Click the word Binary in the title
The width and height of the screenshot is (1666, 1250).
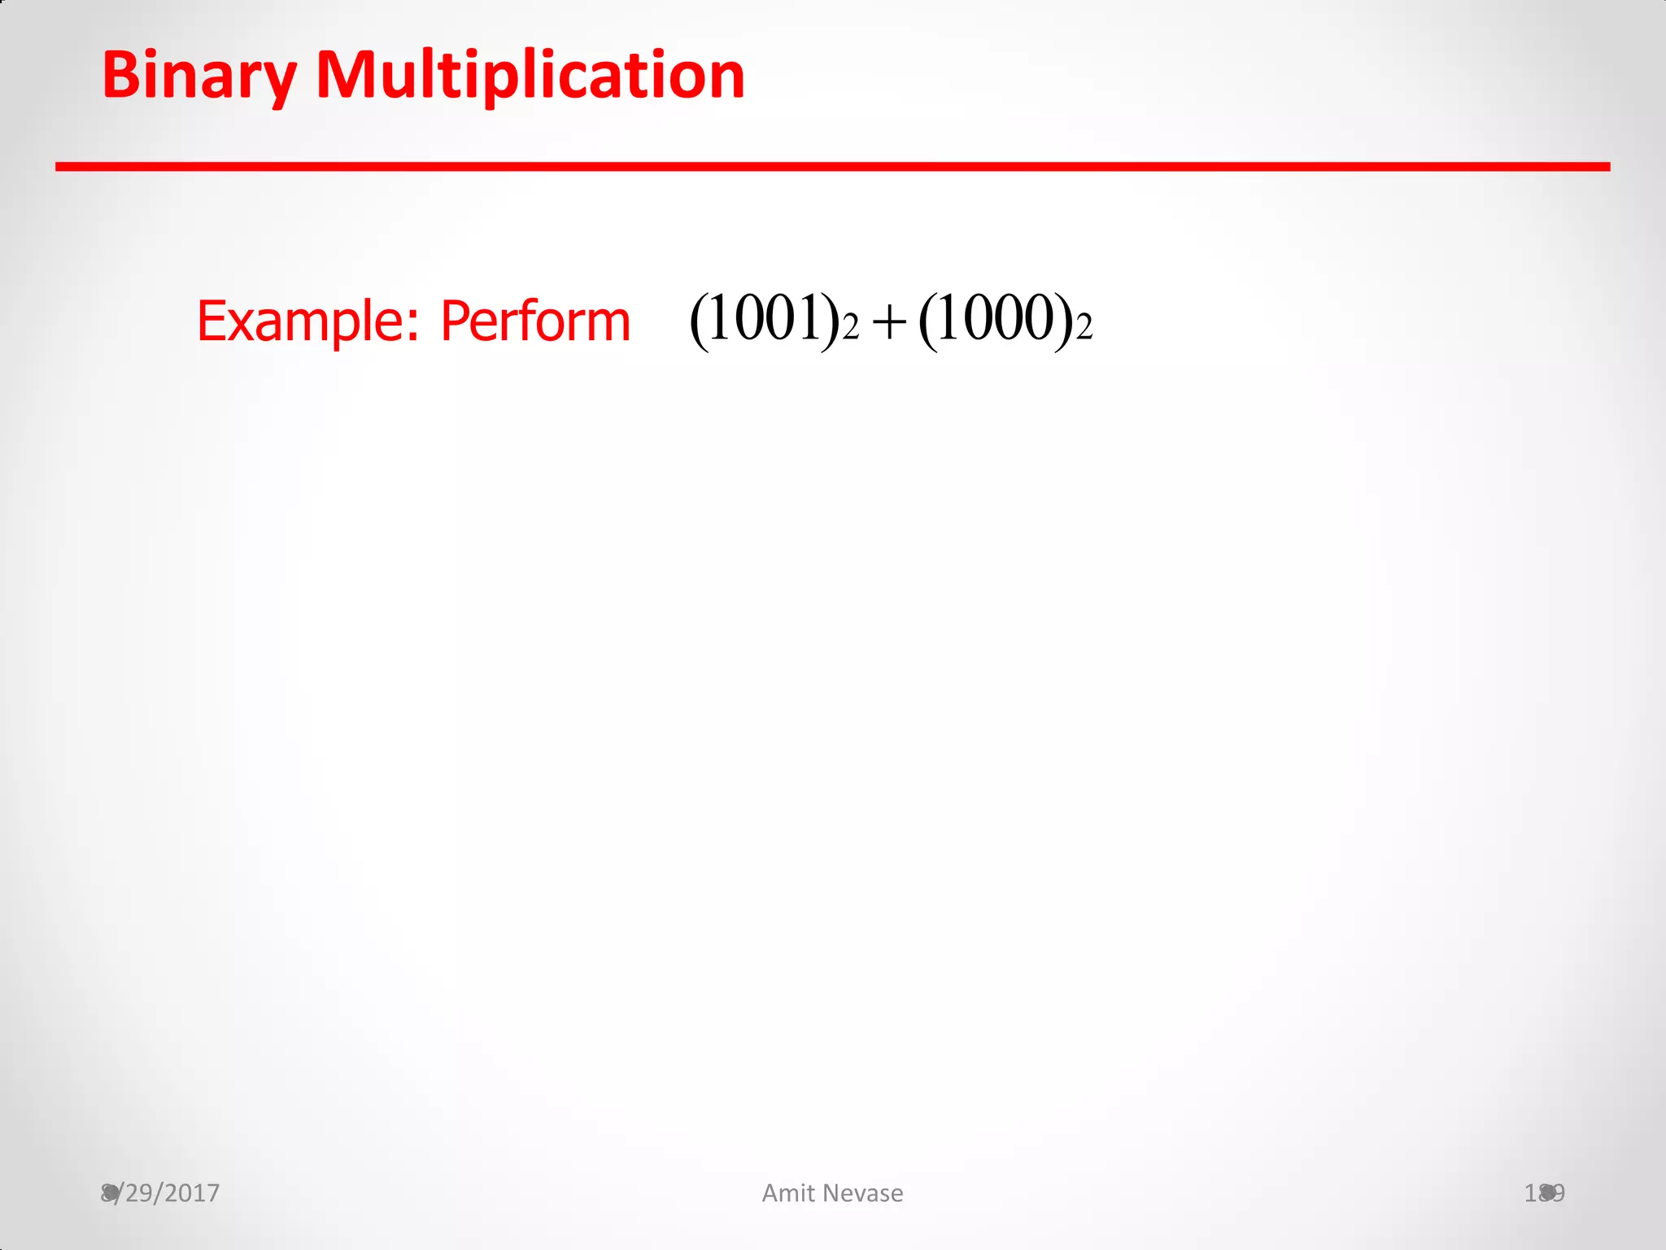[x=199, y=76]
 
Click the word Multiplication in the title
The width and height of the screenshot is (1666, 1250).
[x=530, y=76]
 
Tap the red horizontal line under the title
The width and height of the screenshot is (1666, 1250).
[x=832, y=167]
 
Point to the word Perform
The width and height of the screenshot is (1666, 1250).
[x=534, y=322]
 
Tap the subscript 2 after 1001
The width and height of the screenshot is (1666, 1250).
[x=851, y=329]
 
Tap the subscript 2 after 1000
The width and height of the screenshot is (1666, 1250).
[x=1084, y=329]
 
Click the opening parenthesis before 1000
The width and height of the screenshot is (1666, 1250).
[x=929, y=321]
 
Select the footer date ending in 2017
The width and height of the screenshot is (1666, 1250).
[x=161, y=1193]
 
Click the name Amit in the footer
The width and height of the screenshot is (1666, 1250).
[x=788, y=1193]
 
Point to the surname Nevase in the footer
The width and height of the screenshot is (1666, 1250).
[x=865, y=1193]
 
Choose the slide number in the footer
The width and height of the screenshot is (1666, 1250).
[x=1544, y=1193]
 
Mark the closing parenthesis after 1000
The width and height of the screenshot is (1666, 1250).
[x=1063, y=321]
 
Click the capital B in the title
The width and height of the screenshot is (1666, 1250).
[x=120, y=76]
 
